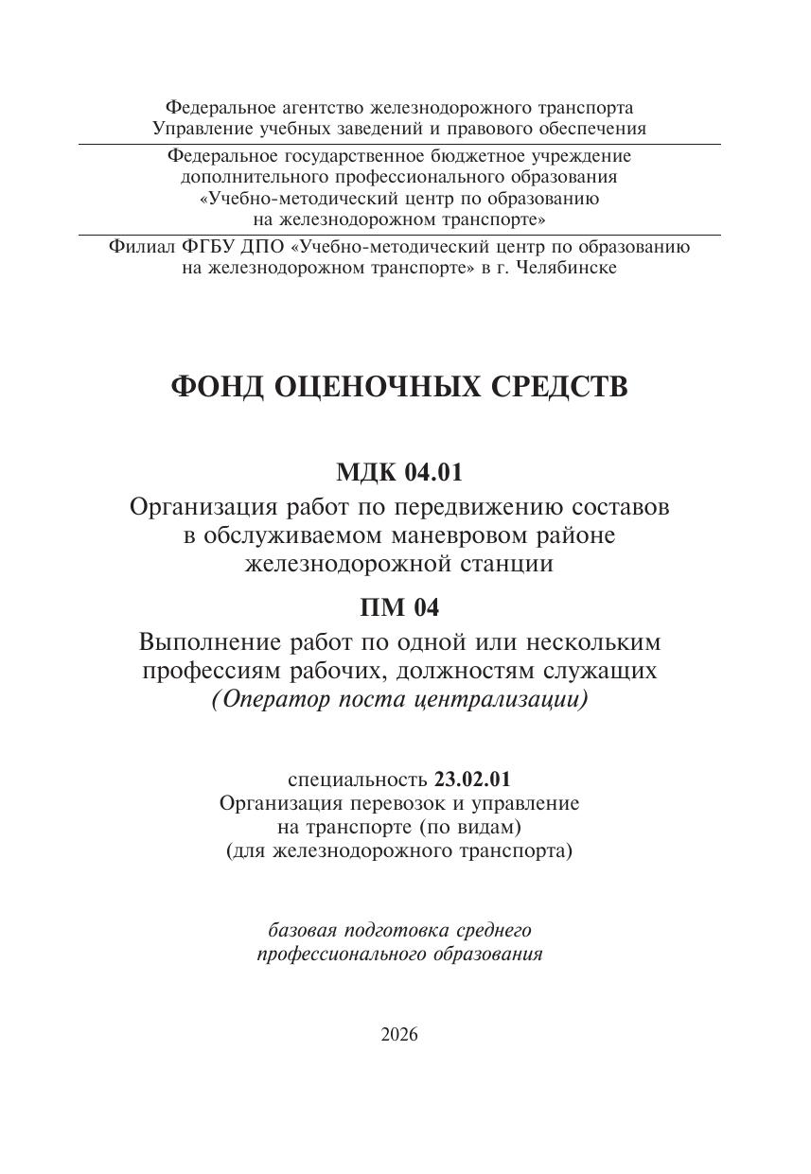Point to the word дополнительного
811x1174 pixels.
point(251,177)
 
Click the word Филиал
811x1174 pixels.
point(141,247)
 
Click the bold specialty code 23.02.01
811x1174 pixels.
point(472,780)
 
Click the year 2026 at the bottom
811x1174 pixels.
point(399,1034)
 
